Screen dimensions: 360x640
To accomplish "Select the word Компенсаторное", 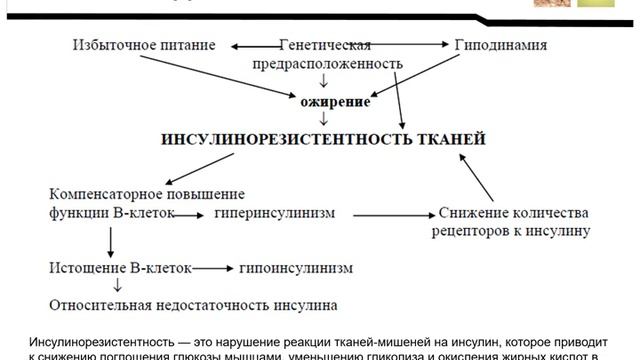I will [105, 193].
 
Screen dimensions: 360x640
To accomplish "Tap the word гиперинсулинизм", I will [276, 213].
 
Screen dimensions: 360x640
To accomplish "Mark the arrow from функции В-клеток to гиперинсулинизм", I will [186, 213].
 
